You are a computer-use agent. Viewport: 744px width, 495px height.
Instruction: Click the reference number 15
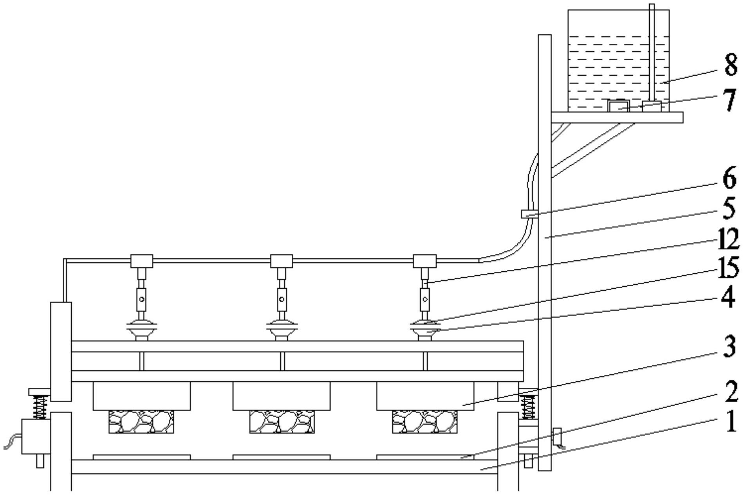point(728,269)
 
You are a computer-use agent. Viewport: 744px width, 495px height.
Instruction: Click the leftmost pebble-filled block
point(141,422)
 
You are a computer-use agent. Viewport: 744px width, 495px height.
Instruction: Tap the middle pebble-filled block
point(282,422)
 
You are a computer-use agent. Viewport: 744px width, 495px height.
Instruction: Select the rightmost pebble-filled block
point(425,422)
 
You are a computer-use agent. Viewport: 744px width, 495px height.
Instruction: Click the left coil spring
point(39,407)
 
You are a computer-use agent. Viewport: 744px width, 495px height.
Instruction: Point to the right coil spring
point(528,407)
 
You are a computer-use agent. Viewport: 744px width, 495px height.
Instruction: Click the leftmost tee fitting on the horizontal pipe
point(141,261)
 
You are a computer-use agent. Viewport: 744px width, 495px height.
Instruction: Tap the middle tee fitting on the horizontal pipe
point(282,261)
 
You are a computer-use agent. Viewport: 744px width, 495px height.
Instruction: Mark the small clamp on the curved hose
point(527,214)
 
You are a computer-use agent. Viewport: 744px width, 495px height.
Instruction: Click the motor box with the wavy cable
point(35,436)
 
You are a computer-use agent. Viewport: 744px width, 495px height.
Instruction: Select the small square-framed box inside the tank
point(618,105)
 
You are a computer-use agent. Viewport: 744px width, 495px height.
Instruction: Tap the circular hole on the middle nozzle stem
point(282,300)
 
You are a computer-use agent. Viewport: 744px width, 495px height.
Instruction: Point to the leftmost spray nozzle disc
point(141,324)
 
